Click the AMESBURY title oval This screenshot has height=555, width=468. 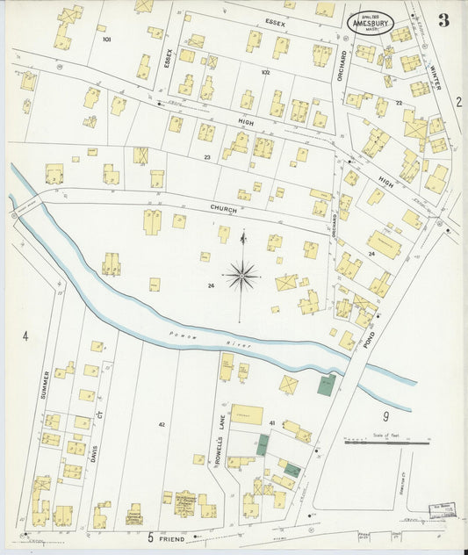click(370, 23)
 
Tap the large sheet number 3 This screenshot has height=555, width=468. click(443, 21)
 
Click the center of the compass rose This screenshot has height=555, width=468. click(242, 277)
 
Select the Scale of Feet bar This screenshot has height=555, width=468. click(386, 442)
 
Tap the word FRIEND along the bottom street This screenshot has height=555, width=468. click(172, 537)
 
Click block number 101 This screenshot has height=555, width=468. click(106, 40)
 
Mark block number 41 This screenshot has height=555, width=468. click(271, 423)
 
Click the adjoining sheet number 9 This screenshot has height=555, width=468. click(385, 415)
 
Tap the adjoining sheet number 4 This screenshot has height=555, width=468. click(25, 336)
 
